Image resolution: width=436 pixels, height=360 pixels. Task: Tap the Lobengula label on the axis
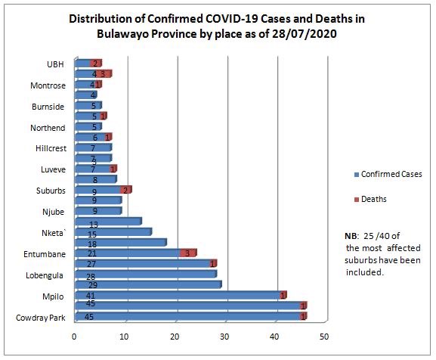tap(47, 274)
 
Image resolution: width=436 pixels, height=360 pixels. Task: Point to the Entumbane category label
tap(46, 253)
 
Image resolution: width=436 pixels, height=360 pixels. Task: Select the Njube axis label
tap(54, 211)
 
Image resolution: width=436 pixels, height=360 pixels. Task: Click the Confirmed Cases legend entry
tap(391, 174)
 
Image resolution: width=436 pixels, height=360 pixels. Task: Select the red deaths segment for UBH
tap(95, 64)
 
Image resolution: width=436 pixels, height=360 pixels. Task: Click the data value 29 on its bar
tap(91, 284)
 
